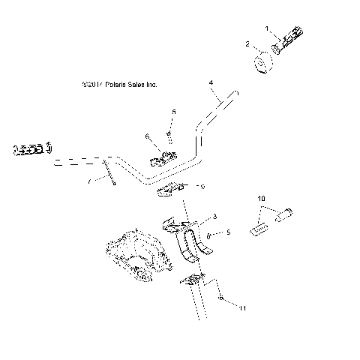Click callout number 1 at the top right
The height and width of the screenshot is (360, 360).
click(265, 28)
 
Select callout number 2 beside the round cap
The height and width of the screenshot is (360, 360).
click(248, 45)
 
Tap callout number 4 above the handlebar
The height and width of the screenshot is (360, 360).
click(211, 82)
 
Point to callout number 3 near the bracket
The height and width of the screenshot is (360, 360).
click(214, 217)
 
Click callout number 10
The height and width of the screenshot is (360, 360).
click(262, 198)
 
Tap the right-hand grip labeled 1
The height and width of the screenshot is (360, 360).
click(289, 41)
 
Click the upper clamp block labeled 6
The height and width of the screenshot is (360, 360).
click(166, 157)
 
